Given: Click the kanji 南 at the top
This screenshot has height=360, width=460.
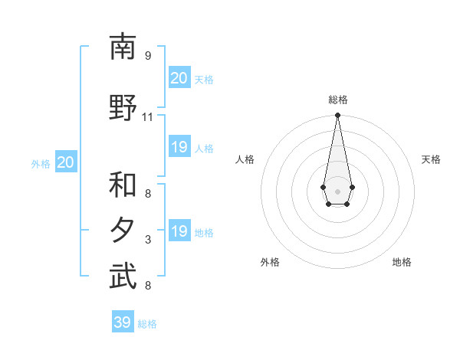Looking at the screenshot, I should tap(123, 47).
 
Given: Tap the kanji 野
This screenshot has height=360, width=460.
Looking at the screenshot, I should tap(123, 108).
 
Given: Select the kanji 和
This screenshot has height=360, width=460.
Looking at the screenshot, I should tap(123, 185).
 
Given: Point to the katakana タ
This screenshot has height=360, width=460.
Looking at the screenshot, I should tap(123, 231).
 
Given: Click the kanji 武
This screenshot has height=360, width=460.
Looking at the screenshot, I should tap(123, 277).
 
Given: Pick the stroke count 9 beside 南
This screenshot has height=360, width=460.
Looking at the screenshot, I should tap(148, 56).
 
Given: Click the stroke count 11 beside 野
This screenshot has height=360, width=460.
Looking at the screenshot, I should tap(148, 117).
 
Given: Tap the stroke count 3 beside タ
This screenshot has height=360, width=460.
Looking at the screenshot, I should tap(148, 240).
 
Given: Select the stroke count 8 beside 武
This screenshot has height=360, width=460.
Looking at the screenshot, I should tap(148, 286).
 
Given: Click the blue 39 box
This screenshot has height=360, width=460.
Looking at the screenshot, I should tap(123, 322).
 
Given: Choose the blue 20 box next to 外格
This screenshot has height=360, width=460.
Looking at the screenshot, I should tap(65, 162).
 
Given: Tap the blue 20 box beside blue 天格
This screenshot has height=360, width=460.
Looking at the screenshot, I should tap(179, 77).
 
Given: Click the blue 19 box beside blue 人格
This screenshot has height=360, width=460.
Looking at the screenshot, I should tap(179, 147).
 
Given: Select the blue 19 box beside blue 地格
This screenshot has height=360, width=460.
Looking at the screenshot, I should tap(179, 231).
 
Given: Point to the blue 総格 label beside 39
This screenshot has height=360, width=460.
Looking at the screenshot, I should tap(147, 324).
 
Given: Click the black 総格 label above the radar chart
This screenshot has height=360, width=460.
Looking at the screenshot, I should tap(337, 100).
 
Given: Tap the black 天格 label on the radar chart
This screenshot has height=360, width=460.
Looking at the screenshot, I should tap(431, 159).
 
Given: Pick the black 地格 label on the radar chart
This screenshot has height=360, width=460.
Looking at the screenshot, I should tap(402, 262).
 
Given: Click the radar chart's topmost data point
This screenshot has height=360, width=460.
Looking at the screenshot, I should tap(337, 116).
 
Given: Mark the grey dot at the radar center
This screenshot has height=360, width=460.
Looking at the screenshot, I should tap(337, 190).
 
